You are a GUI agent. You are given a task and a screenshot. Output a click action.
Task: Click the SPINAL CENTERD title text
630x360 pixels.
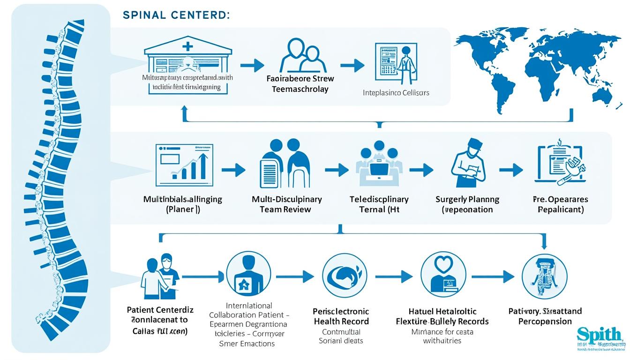[176, 15]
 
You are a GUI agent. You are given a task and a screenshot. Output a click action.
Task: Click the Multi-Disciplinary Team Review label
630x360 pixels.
[286, 204]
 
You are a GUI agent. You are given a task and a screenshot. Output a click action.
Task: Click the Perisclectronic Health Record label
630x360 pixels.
[341, 316]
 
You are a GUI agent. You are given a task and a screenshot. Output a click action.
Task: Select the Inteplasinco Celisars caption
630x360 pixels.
[396, 93]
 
